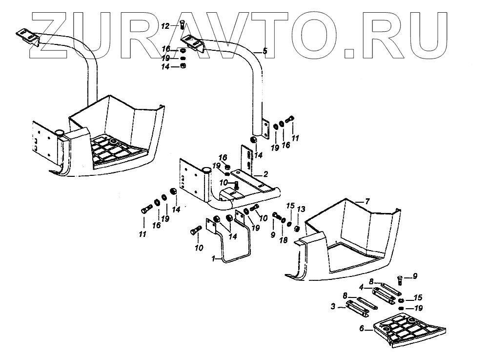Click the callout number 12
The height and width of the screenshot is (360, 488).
click(x=165, y=25)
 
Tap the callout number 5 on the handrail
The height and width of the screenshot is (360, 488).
click(x=265, y=51)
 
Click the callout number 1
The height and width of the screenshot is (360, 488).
click(x=213, y=259)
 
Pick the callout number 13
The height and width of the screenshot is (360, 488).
click(x=301, y=209)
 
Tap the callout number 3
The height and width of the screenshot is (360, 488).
click(x=333, y=307)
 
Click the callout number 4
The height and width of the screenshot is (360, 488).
click(x=362, y=287)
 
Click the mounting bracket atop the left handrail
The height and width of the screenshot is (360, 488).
click(x=28, y=37)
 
